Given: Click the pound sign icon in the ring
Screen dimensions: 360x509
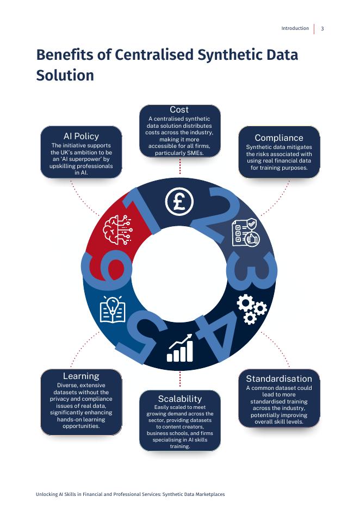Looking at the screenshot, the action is point(179,201).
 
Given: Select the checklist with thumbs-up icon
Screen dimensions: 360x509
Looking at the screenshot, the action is point(245,233).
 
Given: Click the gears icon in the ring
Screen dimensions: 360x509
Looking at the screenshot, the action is point(251,309).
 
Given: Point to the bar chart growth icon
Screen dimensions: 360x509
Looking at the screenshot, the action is point(180,349).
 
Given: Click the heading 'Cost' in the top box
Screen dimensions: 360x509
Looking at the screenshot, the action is point(179,110).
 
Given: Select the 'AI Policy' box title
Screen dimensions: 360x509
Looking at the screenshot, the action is point(81,136).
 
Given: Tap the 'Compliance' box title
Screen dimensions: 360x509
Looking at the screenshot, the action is point(279,138).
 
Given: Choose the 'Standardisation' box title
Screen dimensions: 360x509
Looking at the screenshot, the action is point(279,378).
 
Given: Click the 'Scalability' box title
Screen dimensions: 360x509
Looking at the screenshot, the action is point(180,399).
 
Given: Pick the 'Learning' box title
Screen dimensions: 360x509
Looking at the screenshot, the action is point(81,376).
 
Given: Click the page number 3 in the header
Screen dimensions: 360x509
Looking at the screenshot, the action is point(322,29).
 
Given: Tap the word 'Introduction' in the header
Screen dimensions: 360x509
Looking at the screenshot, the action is point(295,29).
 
